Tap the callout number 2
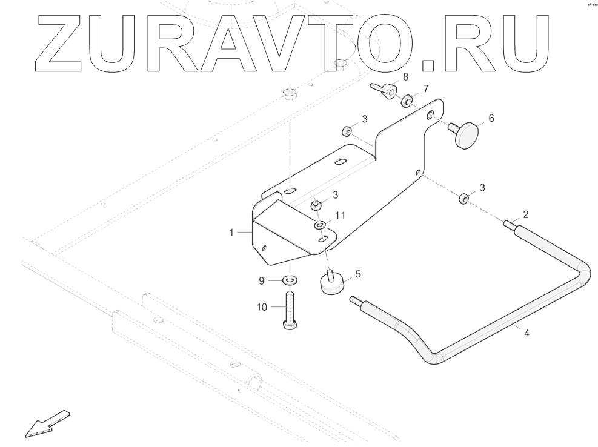(x=526, y=214)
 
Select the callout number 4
(x=526, y=333)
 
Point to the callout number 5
(x=358, y=274)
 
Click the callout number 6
(x=491, y=118)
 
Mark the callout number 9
(x=262, y=280)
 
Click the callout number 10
(x=262, y=308)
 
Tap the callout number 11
(x=340, y=216)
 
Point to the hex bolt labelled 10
(x=289, y=310)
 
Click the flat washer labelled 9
(x=290, y=280)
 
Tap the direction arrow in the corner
(x=47, y=422)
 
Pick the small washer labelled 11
(x=320, y=226)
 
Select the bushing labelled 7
(x=408, y=99)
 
